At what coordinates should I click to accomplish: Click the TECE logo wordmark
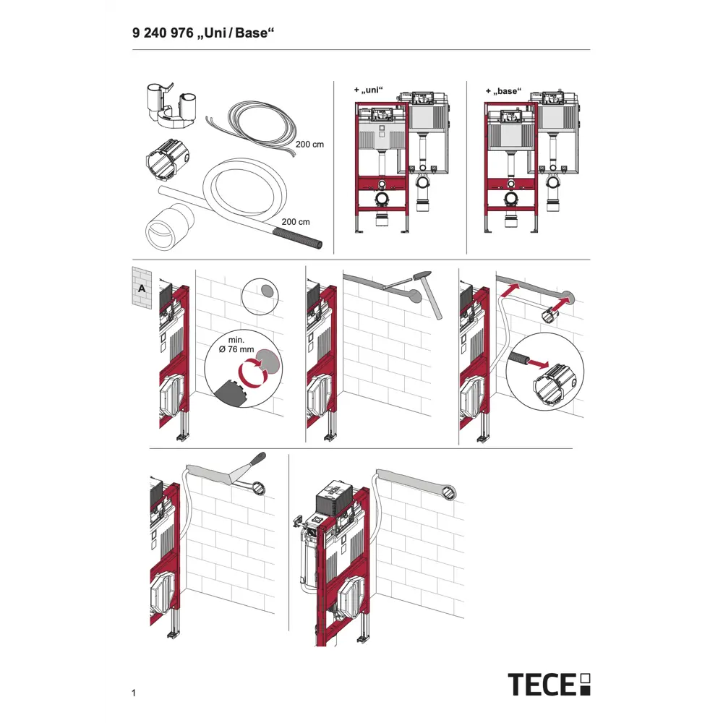542,684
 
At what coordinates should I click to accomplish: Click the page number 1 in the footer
134,693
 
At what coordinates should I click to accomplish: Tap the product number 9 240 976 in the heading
163,33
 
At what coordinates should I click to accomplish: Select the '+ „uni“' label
369,90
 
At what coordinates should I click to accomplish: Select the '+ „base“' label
503,91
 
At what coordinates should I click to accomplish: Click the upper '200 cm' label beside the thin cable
310,145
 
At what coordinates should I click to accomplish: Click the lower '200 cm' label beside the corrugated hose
296,222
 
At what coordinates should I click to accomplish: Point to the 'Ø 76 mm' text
236,349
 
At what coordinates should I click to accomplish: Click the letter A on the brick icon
142,288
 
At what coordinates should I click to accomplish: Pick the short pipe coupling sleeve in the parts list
168,227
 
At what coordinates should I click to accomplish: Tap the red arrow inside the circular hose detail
538,364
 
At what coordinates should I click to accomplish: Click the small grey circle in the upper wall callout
267,290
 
